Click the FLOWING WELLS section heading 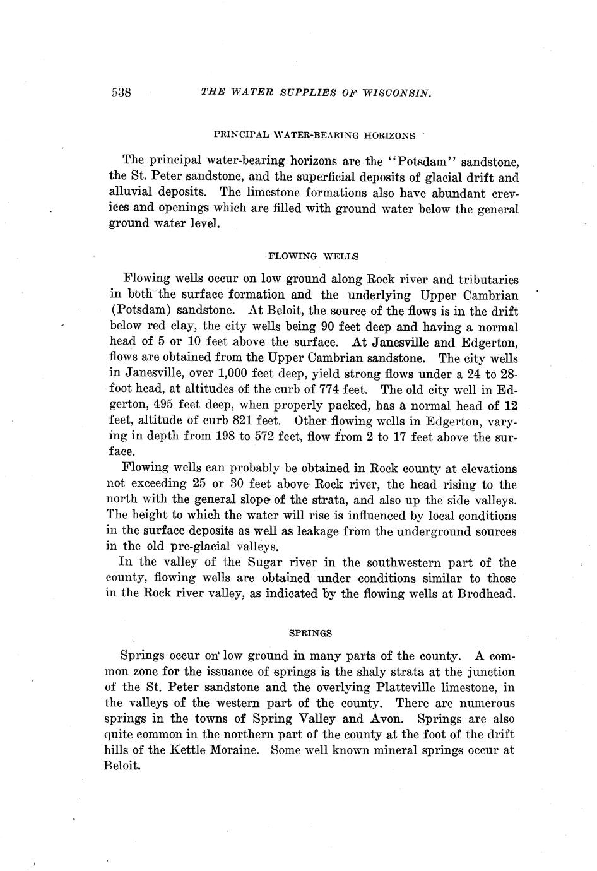click(x=313, y=256)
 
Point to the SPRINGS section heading click(x=310, y=632)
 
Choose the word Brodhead click(x=487, y=595)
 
